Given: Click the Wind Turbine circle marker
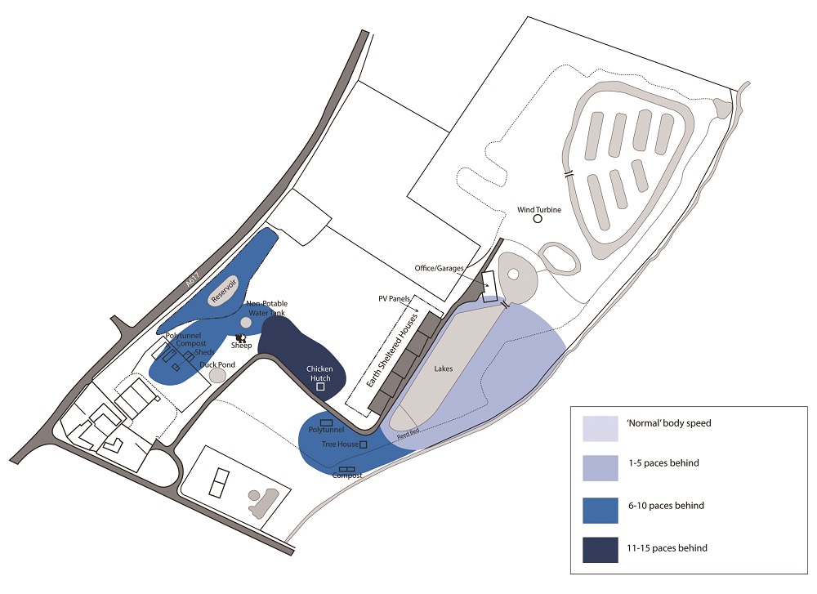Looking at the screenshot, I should [538, 219].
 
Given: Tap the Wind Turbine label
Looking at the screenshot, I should [538, 210].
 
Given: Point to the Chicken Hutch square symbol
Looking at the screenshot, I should [320, 387].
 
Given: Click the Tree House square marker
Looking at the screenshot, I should [364, 444].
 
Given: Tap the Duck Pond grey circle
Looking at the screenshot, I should [217, 374].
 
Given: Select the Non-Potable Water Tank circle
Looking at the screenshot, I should [246, 322].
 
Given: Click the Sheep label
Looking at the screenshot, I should [241, 345].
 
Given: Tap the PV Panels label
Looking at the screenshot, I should [393, 299].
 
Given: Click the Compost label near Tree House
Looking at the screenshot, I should [347, 476].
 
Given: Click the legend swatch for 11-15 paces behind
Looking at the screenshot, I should [605, 548].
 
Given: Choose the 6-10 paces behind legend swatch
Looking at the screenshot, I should [605, 507].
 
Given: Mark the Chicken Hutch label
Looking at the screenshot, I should [319, 373].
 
